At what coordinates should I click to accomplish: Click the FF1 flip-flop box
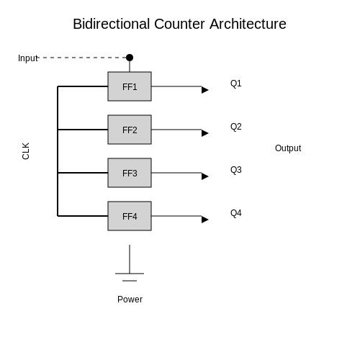tap(130, 86)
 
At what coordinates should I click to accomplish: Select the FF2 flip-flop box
tap(130, 130)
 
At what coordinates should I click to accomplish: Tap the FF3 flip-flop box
tap(130, 173)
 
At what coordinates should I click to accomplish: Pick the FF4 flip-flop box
tap(130, 216)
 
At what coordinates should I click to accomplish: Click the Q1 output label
tap(236, 84)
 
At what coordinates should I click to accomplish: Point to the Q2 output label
tap(236, 127)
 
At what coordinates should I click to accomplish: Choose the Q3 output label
tap(236, 170)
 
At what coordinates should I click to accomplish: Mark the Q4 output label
tap(236, 213)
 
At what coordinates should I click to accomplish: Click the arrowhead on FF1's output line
tap(204, 90)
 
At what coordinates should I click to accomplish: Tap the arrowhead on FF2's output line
tap(204, 133)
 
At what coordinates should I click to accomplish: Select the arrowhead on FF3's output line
tap(204, 176)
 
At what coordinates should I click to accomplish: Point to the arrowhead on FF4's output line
tap(204, 220)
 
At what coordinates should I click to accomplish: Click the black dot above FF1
tap(130, 58)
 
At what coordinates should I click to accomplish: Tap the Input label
tap(28, 58)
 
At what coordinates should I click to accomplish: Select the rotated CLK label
tap(26, 151)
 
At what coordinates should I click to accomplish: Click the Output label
tap(288, 148)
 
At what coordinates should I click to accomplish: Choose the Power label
tap(130, 300)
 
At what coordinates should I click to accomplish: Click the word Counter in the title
tap(179, 24)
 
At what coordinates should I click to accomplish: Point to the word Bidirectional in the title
tap(112, 24)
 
